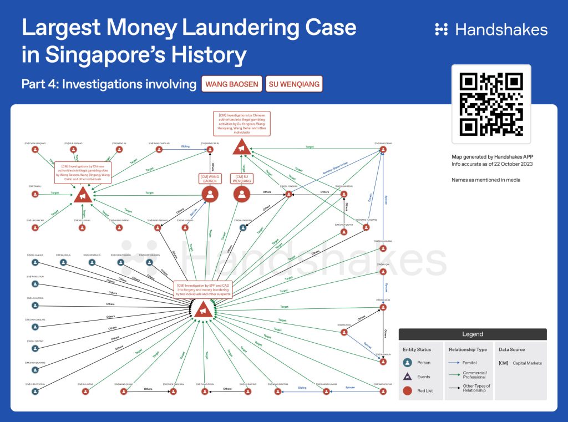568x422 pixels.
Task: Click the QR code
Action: point(491,104)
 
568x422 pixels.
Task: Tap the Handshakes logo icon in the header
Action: point(442,29)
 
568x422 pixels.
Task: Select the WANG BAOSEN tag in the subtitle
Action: point(231,84)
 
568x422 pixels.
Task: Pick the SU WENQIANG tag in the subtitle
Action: point(294,84)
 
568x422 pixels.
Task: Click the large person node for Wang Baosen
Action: point(210,194)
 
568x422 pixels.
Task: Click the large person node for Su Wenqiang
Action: point(241,194)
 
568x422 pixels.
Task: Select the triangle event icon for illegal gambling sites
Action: point(83,195)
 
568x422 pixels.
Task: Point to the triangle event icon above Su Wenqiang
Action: point(241,148)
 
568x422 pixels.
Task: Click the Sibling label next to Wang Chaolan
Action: point(185,147)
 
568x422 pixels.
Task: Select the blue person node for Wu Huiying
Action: point(242,227)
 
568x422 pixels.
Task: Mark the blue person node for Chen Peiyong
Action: point(35,391)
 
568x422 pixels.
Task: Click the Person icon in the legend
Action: point(408,363)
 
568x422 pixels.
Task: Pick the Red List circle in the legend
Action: point(408,390)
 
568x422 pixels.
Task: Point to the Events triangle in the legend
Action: point(408,377)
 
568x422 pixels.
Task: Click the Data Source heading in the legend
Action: point(511,350)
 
